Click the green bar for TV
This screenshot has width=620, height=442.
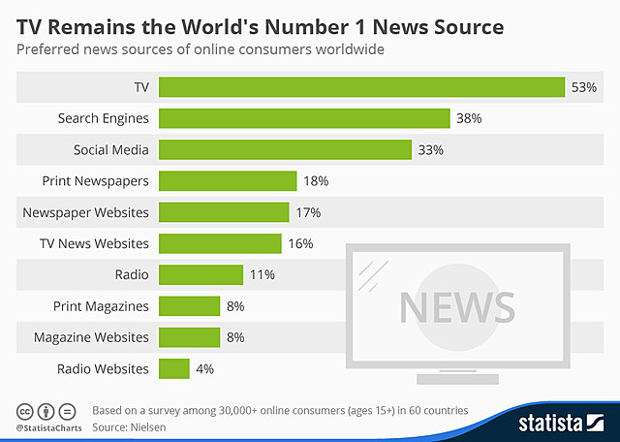pos(361,87)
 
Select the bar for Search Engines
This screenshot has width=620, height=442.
pos(304,118)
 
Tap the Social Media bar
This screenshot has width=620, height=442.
pos(285,149)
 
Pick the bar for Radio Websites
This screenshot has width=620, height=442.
pos(173,368)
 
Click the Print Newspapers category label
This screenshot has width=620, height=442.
pos(95,181)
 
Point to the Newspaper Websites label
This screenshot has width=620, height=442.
pos(85,212)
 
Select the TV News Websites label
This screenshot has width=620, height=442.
pos(93,243)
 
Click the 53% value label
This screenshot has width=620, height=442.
pos(584,87)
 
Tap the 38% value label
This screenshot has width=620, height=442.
pos(470,118)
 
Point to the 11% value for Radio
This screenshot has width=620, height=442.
pos(262,274)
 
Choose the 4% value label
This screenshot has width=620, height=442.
pos(204,368)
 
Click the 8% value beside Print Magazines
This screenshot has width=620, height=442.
pos(235,306)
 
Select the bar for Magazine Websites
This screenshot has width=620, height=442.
pos(189,337)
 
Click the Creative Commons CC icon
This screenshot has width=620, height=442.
pos(24,410)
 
